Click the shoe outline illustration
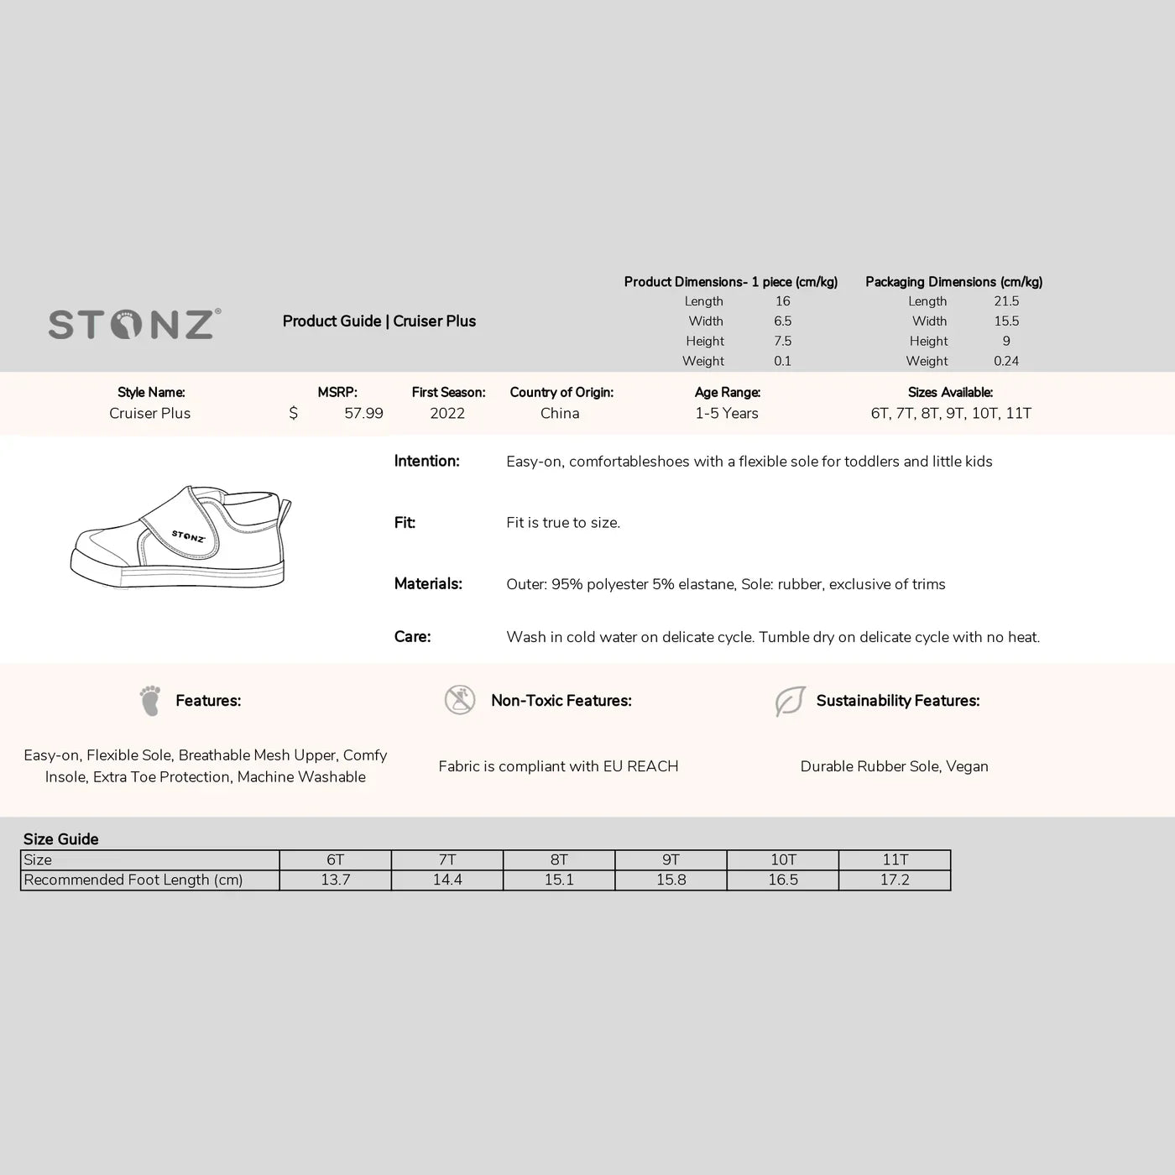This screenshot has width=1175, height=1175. tap(180, 538)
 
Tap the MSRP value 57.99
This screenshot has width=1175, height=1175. tap(363, 413)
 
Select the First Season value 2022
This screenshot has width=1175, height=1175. tap(447, 413)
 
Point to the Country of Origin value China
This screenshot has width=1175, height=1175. tap(560, 413)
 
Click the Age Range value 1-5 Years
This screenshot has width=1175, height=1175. tap(727, 413)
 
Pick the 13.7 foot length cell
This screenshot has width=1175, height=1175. tap(336, 880)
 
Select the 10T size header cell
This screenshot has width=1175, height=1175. tap(783, 859)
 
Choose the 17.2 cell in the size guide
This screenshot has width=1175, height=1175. tap(895, 880)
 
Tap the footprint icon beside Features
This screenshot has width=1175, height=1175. tap(150, 701)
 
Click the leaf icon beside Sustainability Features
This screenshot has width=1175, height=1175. tap(790, 701)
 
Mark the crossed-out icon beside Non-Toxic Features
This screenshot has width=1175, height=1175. tap(460, 700)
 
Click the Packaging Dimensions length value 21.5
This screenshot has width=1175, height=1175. tap(1006, 301)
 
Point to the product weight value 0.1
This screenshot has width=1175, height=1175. tap(782, 361)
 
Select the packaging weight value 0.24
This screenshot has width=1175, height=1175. tap(1006, 361)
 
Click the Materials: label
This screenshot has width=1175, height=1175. tap(428, 584)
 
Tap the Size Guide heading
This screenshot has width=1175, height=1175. tap(61, 839)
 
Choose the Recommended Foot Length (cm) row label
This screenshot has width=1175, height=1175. tap(133, 880)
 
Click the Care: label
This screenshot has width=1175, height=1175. tap(412, 637)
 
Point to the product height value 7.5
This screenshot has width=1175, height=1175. tap(782, 341)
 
